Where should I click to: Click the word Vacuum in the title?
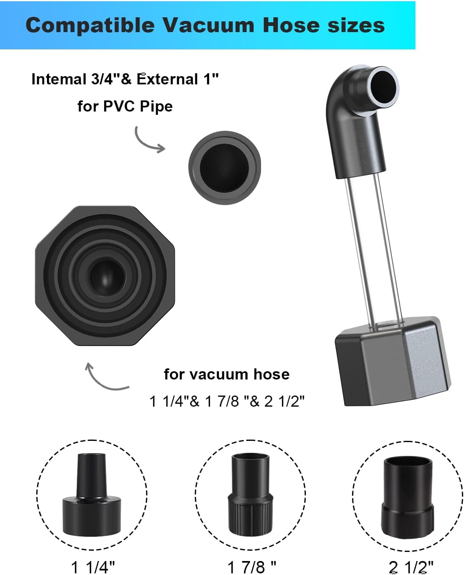[x=208, y=26]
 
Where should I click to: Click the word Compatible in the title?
[x=90, y=26]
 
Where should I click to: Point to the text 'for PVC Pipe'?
[x=125, y=106]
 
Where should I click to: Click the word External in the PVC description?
[x=168, y=79]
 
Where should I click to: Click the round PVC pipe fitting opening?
[x=224, y=168]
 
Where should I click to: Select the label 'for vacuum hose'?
[x=227, y=374]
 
